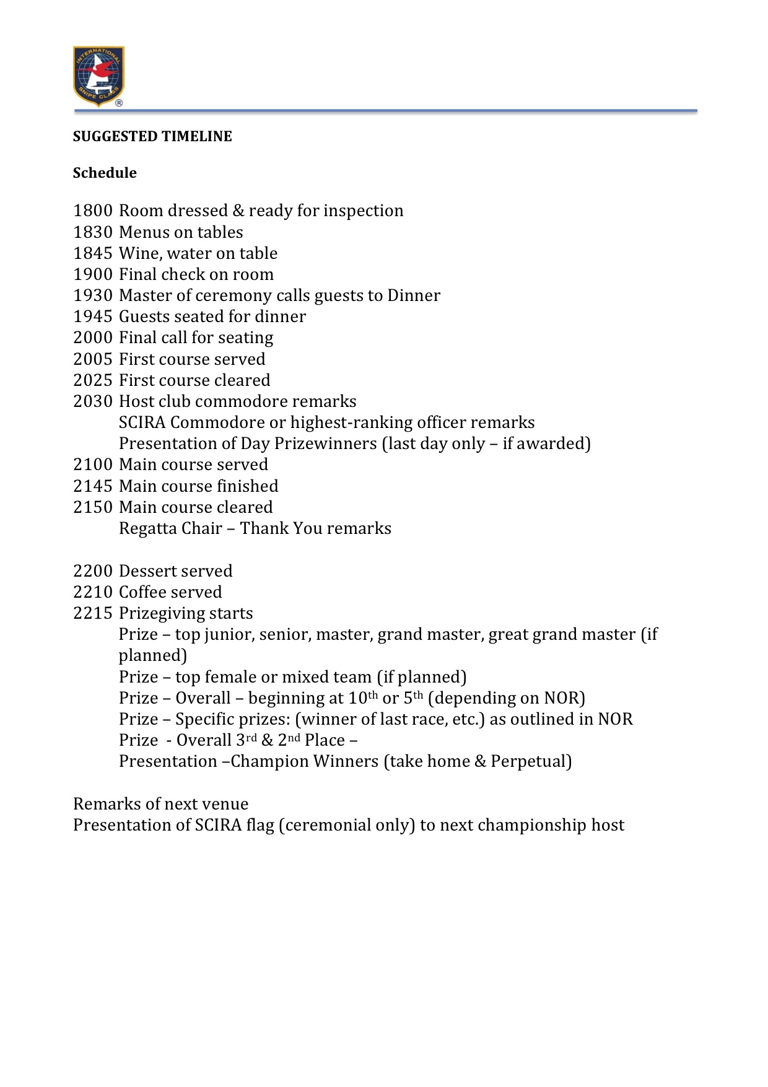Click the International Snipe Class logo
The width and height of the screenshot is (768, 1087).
point(98,76)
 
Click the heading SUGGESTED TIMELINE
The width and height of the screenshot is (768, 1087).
point(152,136)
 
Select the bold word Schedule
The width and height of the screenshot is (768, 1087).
point(105,173)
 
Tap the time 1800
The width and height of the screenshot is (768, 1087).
point(93,211)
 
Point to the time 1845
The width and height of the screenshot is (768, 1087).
point(93,253)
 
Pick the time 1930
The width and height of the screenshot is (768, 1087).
point(93,295)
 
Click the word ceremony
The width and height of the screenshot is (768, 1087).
point(234,296)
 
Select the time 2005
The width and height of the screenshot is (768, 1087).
point(93,359)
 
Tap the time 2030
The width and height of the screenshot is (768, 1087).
point(93,401)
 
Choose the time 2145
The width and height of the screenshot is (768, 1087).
point(93,486)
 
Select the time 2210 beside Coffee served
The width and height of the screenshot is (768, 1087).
point(93,592)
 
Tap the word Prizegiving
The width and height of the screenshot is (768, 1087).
point(163,614)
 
